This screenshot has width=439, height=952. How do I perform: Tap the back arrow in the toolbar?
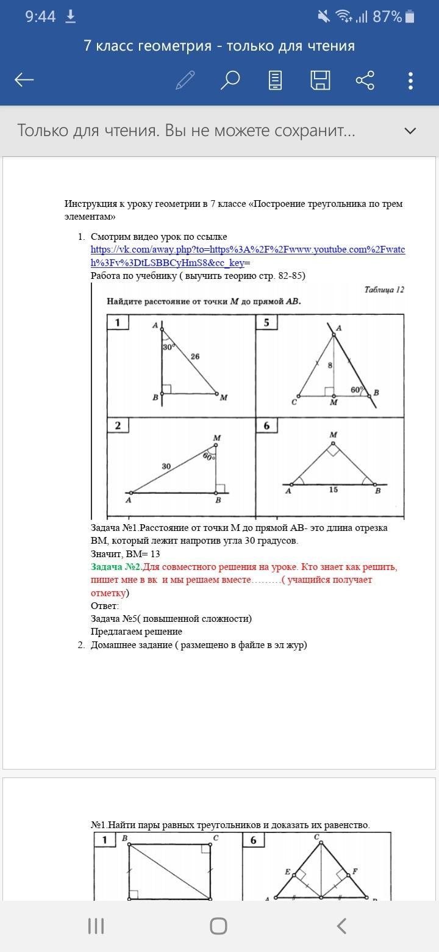pos(24,79)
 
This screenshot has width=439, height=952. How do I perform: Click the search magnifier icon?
pos(230,80)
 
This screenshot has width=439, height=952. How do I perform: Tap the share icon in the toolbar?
pos(365,80)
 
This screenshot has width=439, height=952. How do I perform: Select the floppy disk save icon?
pos(320,80)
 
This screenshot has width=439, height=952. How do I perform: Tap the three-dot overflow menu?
pos(410,80)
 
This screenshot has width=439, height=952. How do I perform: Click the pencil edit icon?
pos(185,80)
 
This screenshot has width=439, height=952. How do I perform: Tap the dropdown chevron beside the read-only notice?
pos(410,131)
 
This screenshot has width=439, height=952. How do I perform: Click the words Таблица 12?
pos(384,290)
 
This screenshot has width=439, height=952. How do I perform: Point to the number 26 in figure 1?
pos(195,356)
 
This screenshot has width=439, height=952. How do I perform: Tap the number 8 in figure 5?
pos(330,366)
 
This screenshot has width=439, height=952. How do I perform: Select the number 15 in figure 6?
pos(333,489)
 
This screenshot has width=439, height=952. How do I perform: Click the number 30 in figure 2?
pos(166,466)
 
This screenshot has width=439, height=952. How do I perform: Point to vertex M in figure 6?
pos(333,435)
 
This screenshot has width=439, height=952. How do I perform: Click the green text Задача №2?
pos(116,567)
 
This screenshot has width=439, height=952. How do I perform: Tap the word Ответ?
pos(105,606)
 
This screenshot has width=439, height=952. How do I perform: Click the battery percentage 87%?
pos(387,16)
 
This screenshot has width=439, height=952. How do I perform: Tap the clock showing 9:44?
pos(40,16)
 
